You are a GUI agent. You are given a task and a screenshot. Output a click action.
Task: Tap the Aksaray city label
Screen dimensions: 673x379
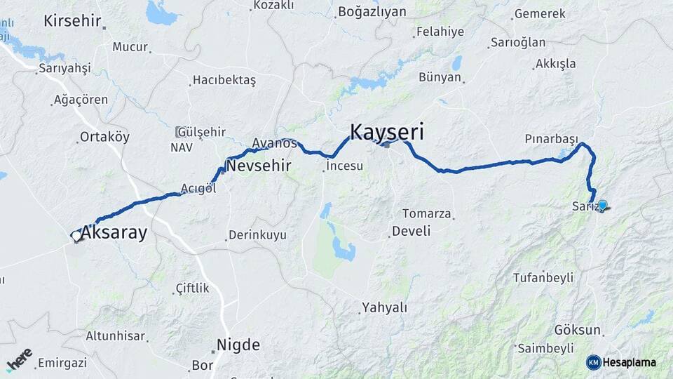pyautogui.click(x=114, y=233)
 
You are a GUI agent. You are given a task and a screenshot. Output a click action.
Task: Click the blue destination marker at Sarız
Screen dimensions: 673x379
pyautogui.click(x=601, y=205)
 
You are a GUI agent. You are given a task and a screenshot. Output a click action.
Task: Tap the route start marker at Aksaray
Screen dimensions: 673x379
pyautogui.click(x=76, y=236)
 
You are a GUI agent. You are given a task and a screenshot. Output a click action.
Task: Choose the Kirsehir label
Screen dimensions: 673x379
pyautogui.click(x=72, y=20)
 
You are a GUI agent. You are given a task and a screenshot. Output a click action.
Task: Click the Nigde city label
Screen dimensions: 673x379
pyautogui.click(x=238, y=345)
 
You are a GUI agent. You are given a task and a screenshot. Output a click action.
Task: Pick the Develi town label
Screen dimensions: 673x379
pyautogui.click(x=411, y=230)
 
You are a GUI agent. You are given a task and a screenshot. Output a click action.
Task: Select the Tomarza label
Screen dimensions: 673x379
pyautogui.click(x=426, y=213)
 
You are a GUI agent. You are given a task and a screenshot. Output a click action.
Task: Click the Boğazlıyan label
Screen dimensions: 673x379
pyautogui.click(x=372, y=12)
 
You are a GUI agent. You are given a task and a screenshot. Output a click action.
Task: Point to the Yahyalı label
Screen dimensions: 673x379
pyautogui.click(x=384, y=307)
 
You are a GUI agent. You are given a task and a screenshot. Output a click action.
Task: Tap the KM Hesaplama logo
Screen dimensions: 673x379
pyautogui.click(x=621, y=362)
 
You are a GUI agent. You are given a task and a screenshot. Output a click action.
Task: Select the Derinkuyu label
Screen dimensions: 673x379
pyautogui.click(x=257, y=235)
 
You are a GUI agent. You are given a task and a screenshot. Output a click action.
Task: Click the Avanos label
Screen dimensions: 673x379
pyautogui.click(x=274, y=142)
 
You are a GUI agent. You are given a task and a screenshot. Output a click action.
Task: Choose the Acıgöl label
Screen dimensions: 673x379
pyautogui.click(x=198, y=188)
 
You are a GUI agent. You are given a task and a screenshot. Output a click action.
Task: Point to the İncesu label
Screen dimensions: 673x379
pyautogui.click(x=344, y=166)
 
